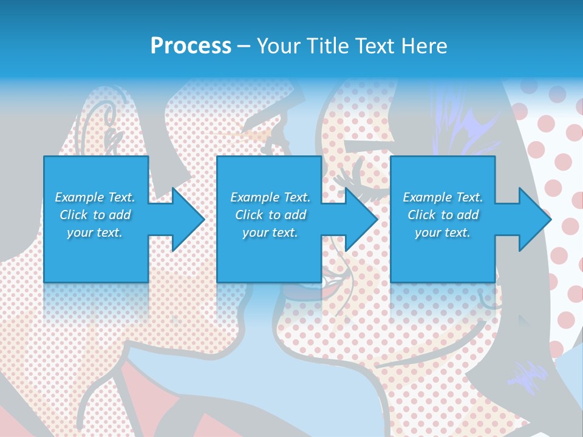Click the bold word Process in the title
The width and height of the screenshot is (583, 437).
pos(191,46)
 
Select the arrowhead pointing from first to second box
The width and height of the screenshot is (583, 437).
pos(185,219)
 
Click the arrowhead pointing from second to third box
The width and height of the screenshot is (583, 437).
pos(359,219)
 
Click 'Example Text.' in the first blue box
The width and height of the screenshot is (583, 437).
pos(95,197)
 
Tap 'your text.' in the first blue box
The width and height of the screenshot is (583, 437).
pos(95,232)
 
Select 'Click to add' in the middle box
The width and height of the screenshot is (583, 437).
pos(270,215)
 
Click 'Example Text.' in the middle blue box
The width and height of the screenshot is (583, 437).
pos(270,197)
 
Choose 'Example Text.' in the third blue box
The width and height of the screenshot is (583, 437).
pos(443,197)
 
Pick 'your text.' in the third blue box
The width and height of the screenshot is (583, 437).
pos(443,232)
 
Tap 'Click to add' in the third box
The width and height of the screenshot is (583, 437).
pos(443,215)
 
